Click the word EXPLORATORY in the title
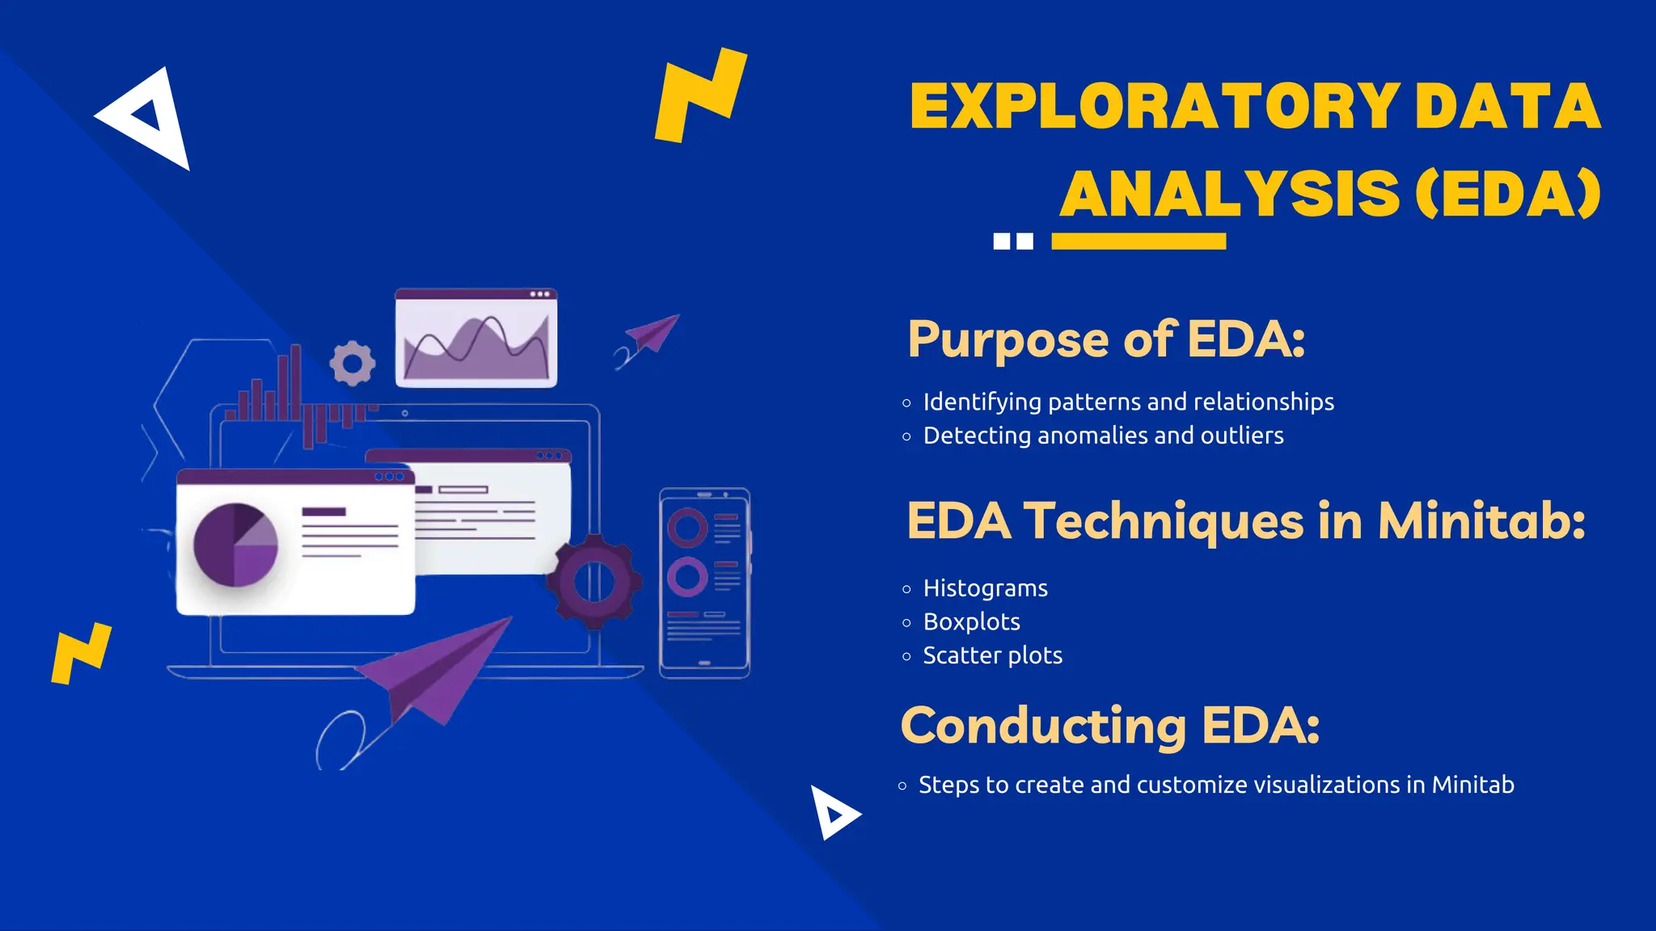(1155, 107)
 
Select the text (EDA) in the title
(1508, 194)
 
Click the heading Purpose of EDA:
(1106, 339)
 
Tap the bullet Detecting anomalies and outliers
(1103, 436)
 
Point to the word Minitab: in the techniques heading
(1481, 520)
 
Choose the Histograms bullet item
(985, 588)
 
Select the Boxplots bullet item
(971, 621)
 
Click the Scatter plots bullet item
(992, 655)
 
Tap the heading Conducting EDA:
(1110, 725)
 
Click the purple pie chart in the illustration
(235, 545)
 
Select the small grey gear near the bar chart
(353, 363)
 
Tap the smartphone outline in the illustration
(704, 583)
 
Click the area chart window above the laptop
(475, 338)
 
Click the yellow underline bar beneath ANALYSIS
(1138, 241)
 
